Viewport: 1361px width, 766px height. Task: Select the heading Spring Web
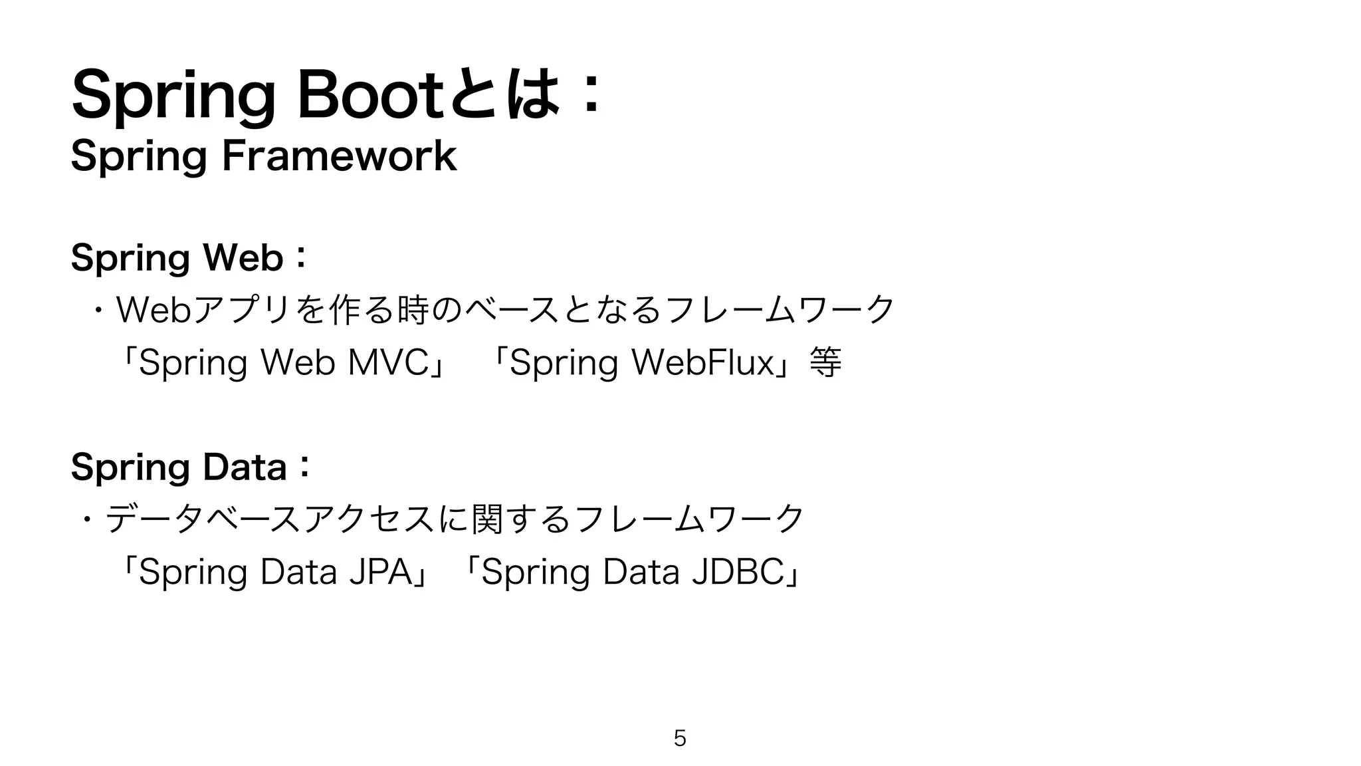[177, 258]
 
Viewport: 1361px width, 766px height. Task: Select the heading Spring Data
[179, 467]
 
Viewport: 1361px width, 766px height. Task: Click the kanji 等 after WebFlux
[825, 363]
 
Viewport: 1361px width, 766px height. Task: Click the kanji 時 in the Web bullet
[410, 311]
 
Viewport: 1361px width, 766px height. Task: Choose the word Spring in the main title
[173, 97]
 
